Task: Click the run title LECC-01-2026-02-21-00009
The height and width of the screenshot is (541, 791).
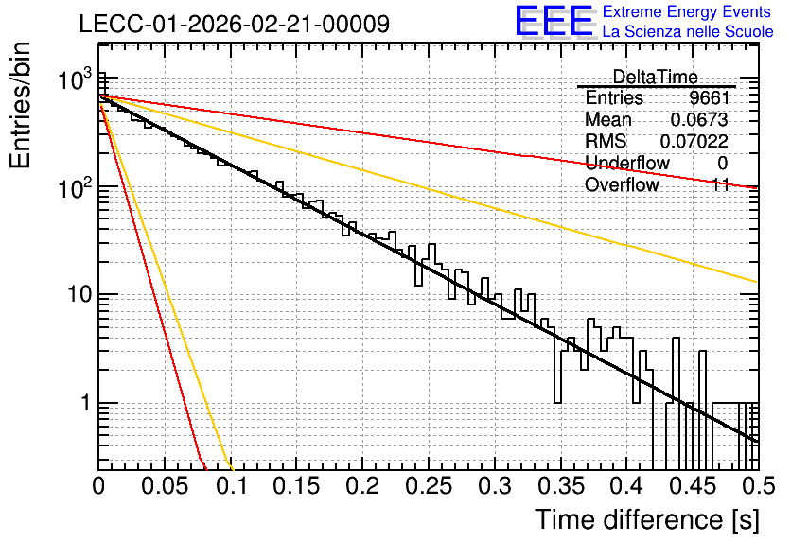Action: click(235, 24)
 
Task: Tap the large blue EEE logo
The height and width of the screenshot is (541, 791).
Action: click(554, 21)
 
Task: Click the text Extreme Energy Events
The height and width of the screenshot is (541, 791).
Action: click(687, 11)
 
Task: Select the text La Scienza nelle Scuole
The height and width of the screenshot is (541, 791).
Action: click(688, 31)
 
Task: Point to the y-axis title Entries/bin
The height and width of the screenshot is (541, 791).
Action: click(20, 105)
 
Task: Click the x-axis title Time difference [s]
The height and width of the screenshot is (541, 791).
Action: click(647, 519)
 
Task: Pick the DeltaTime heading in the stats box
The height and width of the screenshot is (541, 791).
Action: click(655, 77)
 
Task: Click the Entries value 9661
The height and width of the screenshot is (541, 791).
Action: click(710, 97)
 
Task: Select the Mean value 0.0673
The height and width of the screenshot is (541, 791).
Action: click(699, 119)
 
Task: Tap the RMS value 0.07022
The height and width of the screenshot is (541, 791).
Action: click(694, 141)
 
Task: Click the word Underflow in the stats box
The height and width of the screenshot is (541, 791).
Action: click(627, 163)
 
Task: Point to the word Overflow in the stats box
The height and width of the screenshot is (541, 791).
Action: click(622, 184)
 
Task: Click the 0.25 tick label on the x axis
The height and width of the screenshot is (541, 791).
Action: click(429, 486)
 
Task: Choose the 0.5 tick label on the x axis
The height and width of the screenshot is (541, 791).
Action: click(758, 486)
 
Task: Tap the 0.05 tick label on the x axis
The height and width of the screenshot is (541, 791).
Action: click(165, 486)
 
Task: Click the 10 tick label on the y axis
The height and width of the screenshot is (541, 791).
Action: click(79, 294)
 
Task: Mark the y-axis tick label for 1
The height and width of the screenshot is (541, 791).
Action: click(85, 403)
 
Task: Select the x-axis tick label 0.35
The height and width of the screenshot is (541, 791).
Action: click(560, 486)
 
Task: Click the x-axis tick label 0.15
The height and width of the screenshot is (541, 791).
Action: click(297, 486)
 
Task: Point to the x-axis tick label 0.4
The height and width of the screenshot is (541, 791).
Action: click(626, 486)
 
